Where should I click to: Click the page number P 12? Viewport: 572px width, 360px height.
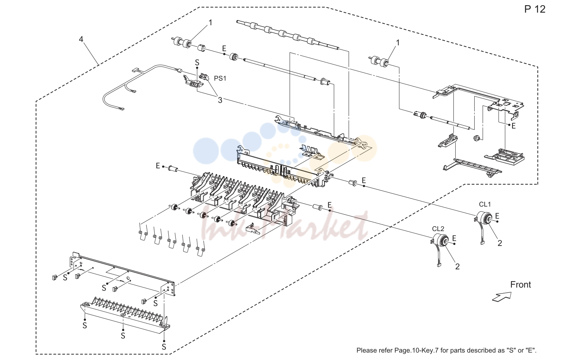point(535,9)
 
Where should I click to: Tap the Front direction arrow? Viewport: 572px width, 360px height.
point(502,297)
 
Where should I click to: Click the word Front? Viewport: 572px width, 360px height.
point(520,285)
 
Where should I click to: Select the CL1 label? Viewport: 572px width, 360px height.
point(485,204)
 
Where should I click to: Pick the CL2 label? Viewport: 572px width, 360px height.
point(438,228)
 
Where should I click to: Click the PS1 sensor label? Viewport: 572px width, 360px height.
point(220,78)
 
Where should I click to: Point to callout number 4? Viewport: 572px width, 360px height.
point(81,39)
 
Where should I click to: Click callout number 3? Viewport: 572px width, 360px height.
point(220,100)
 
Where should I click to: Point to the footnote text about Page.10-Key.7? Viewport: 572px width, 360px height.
point(446,350)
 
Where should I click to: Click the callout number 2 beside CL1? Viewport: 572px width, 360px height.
point(500,243)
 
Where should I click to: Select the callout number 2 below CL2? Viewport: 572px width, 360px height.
point(458,266)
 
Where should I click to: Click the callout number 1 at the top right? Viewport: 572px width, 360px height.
point(398,43)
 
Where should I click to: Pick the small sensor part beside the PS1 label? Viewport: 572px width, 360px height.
point(204,76)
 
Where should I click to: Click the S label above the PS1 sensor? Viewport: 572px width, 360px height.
point(197,62)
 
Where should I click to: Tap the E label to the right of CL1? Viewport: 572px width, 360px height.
point(497,216)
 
